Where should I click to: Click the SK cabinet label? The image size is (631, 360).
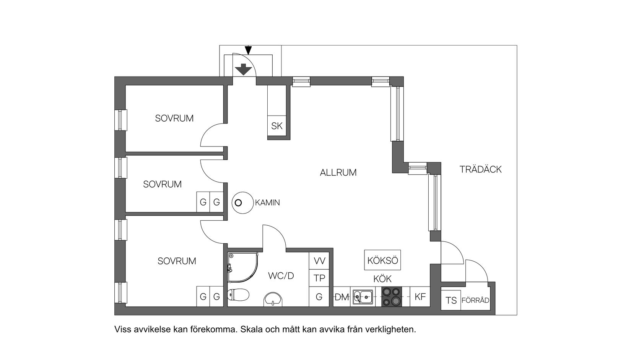pos(276,126)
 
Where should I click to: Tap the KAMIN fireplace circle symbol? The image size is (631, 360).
pos(238,203)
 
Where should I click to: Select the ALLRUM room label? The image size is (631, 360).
pos(338,173)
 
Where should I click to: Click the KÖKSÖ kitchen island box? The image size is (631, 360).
pos(382,261)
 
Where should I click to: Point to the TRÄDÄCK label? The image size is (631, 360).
pos(480,169)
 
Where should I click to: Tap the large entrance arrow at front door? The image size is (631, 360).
pos(244,70)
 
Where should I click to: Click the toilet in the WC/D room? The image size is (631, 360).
pos(237,295)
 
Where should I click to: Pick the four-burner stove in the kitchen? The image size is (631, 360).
pos(392,297)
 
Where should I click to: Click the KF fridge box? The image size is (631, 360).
pos(420,297)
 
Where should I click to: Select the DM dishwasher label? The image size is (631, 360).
pos(342,297)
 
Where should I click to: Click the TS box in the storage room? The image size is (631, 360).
pos(451,300)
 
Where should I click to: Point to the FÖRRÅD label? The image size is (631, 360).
pos(475,300)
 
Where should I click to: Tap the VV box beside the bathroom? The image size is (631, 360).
pos(319,261)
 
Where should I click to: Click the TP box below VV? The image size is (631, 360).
pos(319,279)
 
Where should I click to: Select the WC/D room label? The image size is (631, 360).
pos(281,275)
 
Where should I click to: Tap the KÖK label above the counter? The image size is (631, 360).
pos(382,279)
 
